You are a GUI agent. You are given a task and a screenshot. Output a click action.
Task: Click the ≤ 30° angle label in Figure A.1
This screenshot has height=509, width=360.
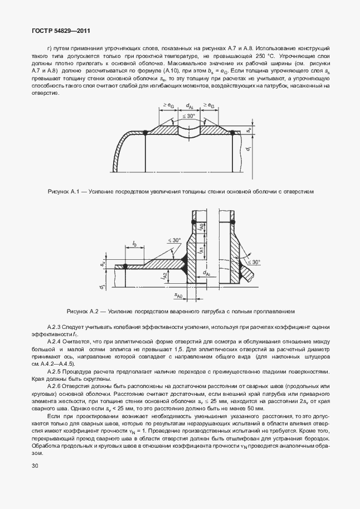tap(189, 117)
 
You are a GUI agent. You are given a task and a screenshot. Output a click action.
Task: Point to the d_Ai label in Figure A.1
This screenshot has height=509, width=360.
tap(189, 106)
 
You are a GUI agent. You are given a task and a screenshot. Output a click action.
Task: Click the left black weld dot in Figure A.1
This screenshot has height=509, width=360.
tap(145, 132)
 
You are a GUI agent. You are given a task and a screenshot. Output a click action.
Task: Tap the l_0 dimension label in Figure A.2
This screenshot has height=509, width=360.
tap(135, 244)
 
